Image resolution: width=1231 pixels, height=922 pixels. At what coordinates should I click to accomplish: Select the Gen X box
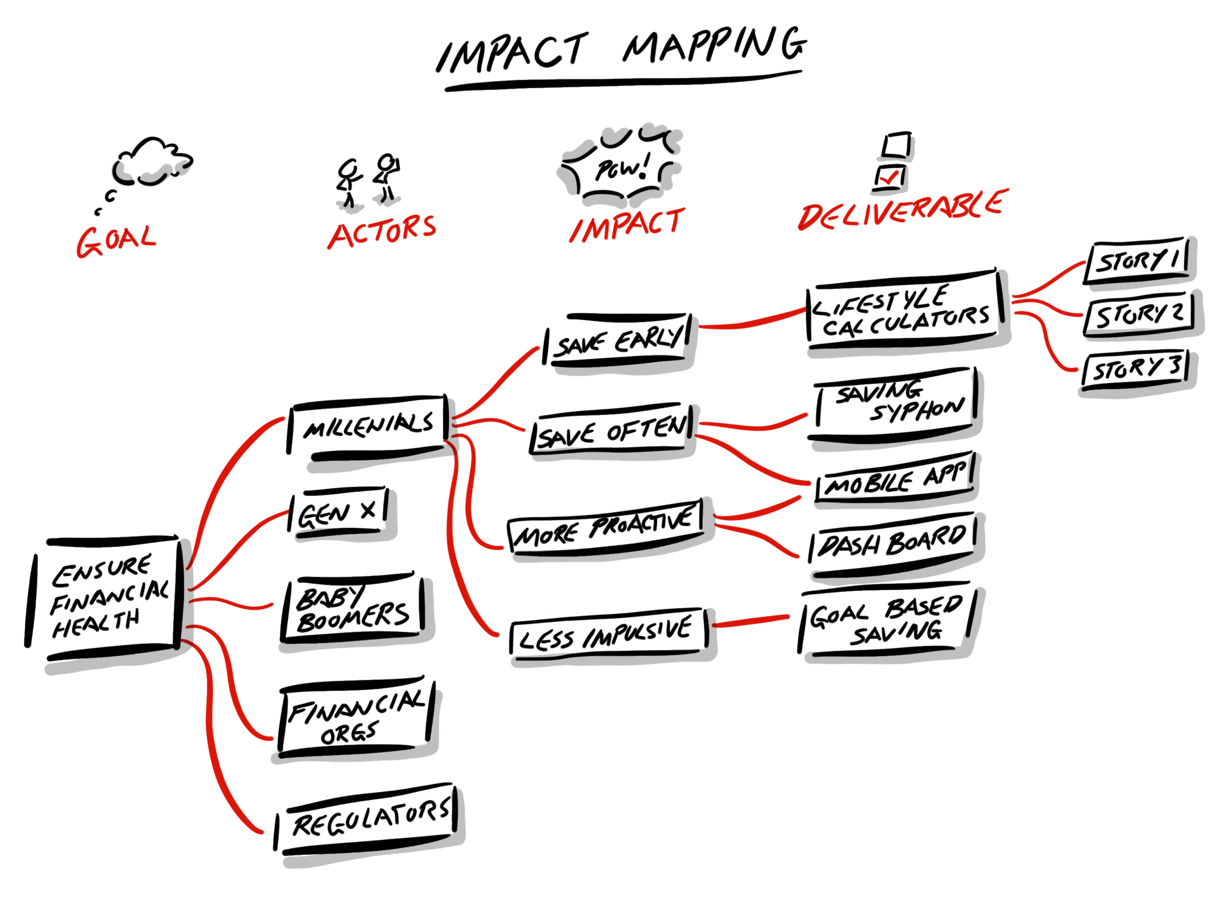tap(339, 513)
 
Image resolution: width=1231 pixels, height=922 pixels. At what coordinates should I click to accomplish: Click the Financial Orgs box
tap(356, 717)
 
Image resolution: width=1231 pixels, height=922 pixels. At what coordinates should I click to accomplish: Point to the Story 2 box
tap(1139, 314)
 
